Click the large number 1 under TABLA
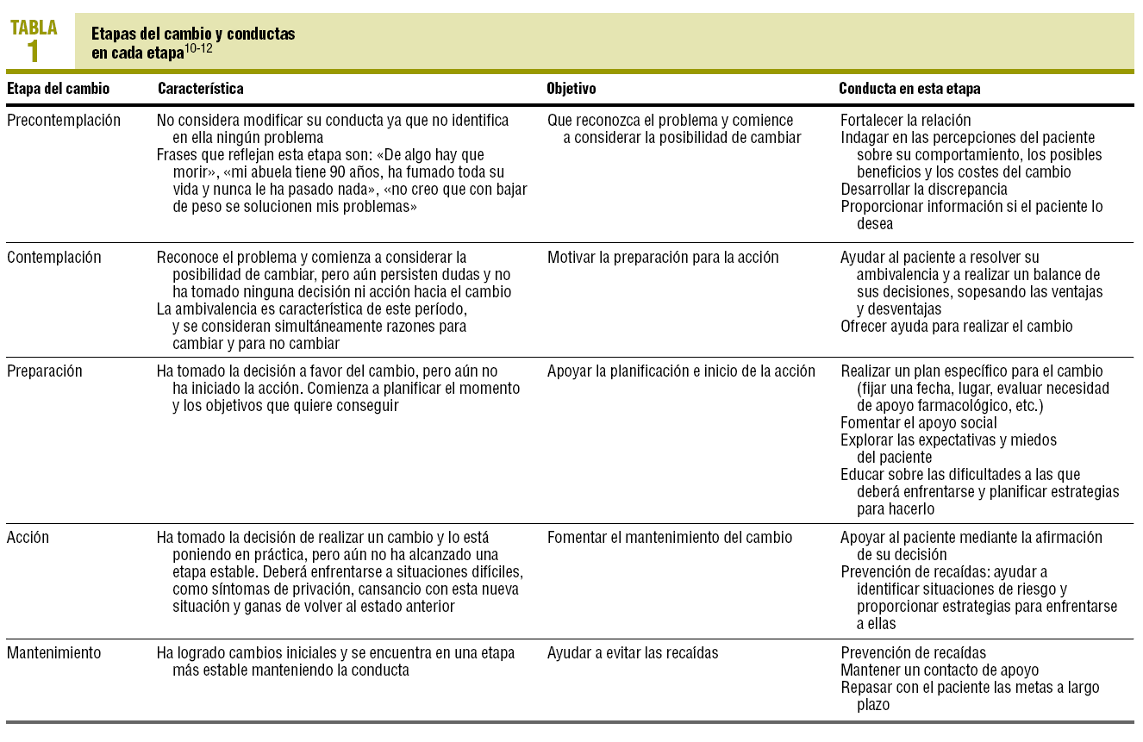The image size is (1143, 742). click(x=33, y=52)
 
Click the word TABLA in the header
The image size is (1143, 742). click(x=34, y=28)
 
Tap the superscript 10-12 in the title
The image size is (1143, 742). click(x=199, y=49)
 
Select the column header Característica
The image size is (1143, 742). click(x=200, y=89)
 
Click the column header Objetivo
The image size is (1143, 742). click(x=571, y=89)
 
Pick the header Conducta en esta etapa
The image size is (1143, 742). click(x=909, y=89)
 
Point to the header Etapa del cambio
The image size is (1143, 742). click(x=59, y=89)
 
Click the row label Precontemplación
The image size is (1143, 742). click(x=64, y=121)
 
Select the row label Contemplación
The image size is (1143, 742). click(x=53, y=258)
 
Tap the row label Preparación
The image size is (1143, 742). click(x=45, y=371)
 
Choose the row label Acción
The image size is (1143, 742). click(x=28, y=538)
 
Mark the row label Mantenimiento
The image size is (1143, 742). click(x=53, y=653)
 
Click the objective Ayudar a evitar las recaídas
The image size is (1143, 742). click(x=633, y=653)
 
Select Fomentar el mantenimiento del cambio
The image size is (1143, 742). click(x=669, y=538)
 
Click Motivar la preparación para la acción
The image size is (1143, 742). click(x=662, y=258)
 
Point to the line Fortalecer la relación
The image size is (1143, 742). click(x=905, y=121)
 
